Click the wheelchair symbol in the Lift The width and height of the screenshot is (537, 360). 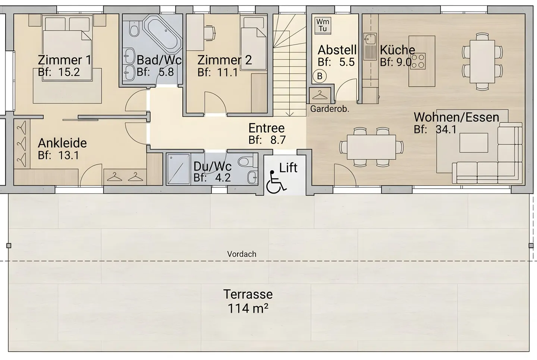pos(276,181)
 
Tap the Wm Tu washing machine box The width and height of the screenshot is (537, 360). pos(323,25)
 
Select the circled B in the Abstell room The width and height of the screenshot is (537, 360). pos(320,76)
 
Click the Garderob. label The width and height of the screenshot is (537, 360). pos(330,109)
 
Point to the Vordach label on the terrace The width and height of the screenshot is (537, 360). pos(242,254)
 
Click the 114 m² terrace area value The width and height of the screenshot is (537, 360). pos(248,308)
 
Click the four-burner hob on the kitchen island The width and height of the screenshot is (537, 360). pos(418,61)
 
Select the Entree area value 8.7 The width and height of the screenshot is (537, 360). pos(278,140)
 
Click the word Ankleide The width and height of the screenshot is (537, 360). pos(62,143)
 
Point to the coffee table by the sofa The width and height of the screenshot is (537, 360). pos(474,143)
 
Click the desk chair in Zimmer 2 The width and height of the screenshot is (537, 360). pos(210,32)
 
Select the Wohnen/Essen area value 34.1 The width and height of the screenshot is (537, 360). pos(446,130)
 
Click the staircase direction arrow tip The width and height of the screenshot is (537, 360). pos(290,116)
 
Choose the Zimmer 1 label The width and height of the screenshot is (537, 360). pos(65,60)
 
